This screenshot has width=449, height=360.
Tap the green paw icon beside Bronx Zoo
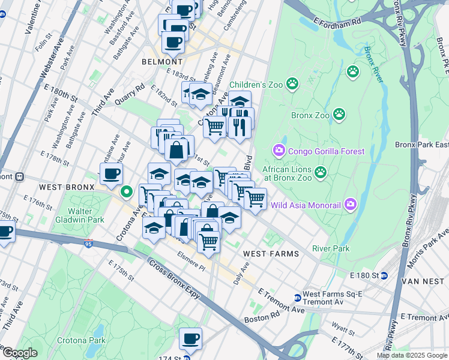[339, 114]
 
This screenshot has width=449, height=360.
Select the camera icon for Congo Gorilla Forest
[279, 150]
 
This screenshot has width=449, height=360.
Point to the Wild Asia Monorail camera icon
[350, 205]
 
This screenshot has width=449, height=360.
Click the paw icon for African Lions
[321, 173]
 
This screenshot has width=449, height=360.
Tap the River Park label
[330, 248]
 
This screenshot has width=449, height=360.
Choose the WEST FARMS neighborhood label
[271, 254]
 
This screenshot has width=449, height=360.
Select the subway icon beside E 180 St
[384, 275]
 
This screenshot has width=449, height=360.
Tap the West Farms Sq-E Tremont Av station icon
[297, 298]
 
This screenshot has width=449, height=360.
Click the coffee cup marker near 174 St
[190, 339]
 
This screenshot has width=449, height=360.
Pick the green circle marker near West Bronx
[126, 192]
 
